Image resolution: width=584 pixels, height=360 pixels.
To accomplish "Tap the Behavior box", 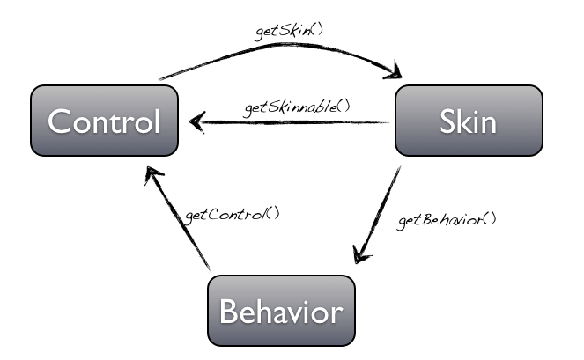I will point(280,311).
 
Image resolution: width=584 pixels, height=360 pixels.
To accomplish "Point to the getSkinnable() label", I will point(297,107).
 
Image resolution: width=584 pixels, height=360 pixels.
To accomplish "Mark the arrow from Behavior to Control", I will point(180,220).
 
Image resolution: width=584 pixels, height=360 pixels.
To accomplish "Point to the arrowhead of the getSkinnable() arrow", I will point(197,123).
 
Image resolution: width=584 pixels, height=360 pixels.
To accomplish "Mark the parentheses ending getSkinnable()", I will point(344,107).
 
